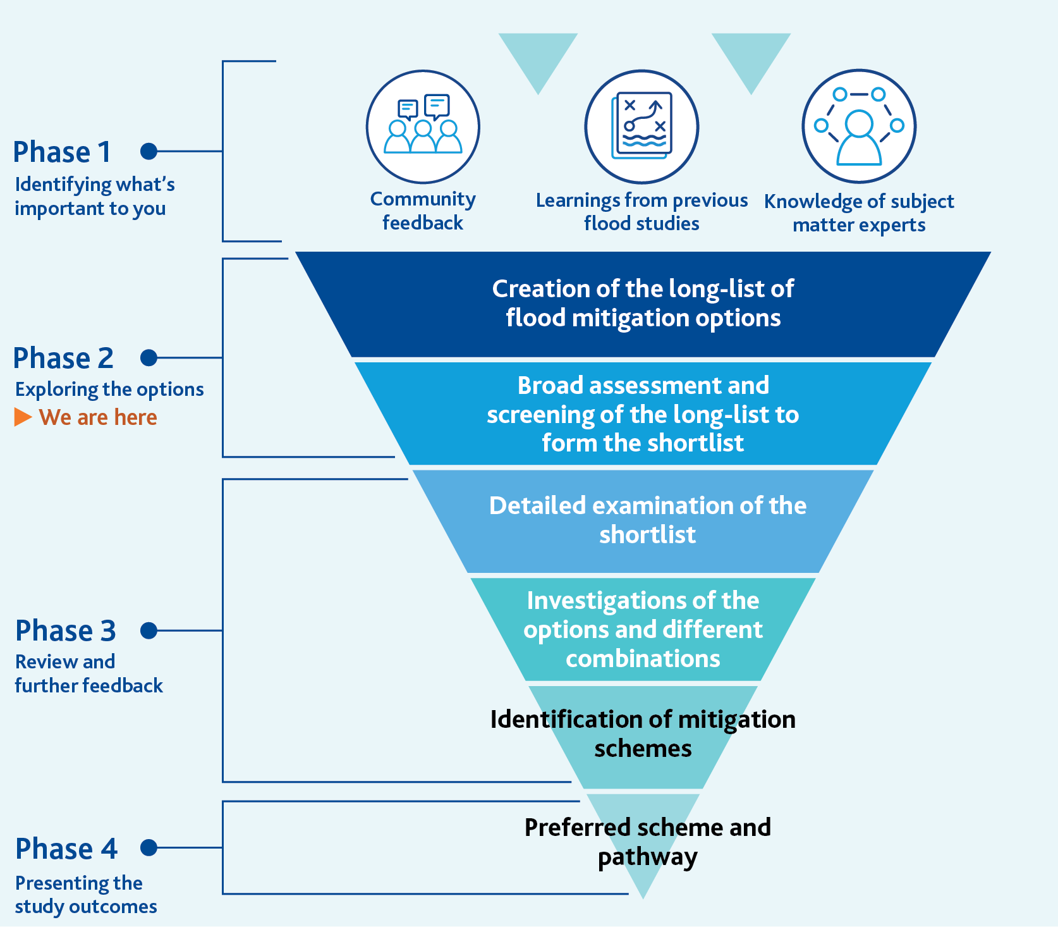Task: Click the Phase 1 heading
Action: (x=62, y=152)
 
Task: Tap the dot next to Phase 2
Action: (x=149, y=358)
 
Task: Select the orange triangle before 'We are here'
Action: (x=23, y=417)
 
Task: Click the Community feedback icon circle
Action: (x=423, y=127)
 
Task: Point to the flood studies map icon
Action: (x=641, y=127)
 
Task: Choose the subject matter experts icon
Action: (x=859, y=127)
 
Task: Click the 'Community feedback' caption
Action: (x=423, y=211)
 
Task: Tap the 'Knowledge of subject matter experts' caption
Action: (x=859, y=212)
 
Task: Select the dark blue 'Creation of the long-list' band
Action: (x=643, y=304)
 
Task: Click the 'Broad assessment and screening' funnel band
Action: (x=643, y=414)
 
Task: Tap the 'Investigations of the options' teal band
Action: (x=643, y=629)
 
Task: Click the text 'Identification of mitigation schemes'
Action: (x=643, y=734)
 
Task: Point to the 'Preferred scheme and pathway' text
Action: (x=647, y=842)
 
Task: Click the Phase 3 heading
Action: (x=66, y=631)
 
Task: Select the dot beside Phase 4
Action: (x=149, y=847)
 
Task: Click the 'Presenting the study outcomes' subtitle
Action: (x=86, y=894)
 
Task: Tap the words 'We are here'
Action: (x=98, y=417)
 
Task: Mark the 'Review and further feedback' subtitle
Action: (x=88, y=673)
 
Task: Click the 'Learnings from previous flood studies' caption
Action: (x=641, y=211)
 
